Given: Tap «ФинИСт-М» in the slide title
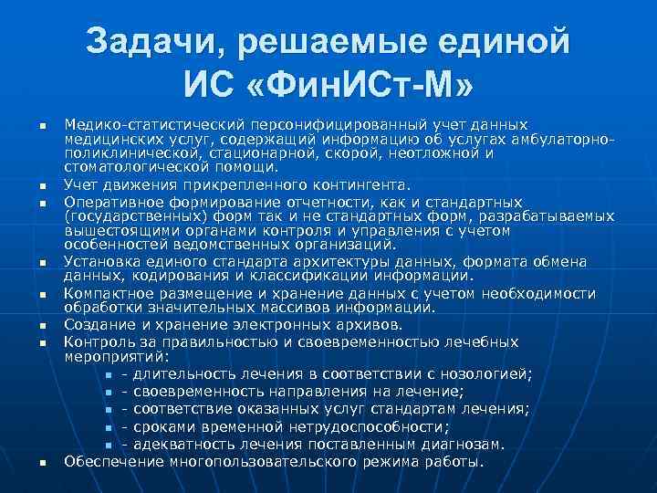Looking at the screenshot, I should (x=361, y=89).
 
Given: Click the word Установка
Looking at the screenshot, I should (x=99, y=261).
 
